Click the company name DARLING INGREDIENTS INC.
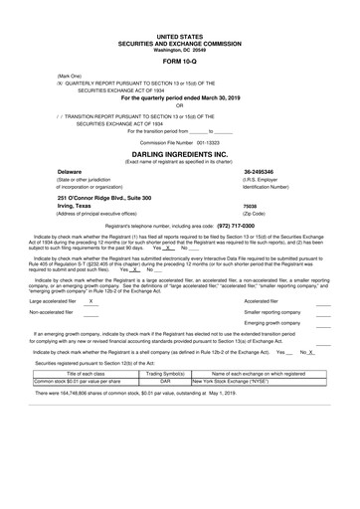point(179,155)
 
